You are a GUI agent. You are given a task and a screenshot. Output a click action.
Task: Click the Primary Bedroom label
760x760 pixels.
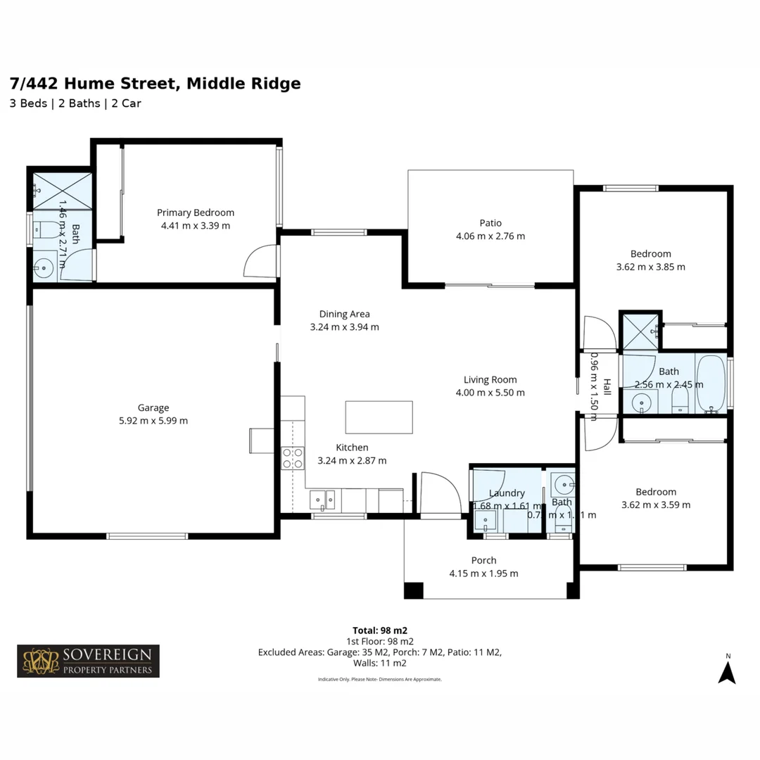click(x=195, y=213)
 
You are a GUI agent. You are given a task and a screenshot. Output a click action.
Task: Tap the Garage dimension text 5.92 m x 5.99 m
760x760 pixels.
click(x=153, y=421)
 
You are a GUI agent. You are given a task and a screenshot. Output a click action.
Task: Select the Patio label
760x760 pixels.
click(x=490, y=223)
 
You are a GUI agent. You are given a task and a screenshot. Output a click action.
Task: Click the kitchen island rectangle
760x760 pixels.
click(x=379, y=417)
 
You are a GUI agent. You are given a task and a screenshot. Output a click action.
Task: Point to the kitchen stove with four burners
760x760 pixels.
click(x=293, y=458)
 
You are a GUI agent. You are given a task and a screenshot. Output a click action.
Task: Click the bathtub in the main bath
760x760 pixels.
click(x=711, y=384)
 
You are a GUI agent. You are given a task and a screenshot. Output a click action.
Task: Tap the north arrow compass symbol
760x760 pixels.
click(x=727, y=670)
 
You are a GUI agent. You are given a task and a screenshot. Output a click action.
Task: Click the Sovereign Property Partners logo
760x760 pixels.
click(x=88, y=661)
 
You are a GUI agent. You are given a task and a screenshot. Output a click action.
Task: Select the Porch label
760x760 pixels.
click(x=483, y=560)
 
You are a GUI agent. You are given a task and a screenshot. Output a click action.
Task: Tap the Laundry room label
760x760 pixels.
click(x=507, y=493)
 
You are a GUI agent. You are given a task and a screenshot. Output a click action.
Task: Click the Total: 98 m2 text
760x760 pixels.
click(x=380, y=630)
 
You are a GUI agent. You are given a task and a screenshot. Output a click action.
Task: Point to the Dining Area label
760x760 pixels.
click(x=344, y=314)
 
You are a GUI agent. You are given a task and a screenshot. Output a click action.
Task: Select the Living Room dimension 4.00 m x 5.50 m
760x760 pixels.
click(x=490, y=393)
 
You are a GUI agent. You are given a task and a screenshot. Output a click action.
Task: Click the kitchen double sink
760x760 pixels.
click(x=323, y=500)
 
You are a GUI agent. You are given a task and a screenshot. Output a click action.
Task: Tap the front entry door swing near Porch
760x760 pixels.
click(x=438, y=493)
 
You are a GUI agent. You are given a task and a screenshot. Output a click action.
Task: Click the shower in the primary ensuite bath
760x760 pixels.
click(x=62, y=191)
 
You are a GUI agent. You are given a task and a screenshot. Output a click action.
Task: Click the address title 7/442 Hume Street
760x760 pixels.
click(x=155, y=84)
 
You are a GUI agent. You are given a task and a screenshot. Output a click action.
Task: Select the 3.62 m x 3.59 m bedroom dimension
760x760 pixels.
click(x=656, y=505)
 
